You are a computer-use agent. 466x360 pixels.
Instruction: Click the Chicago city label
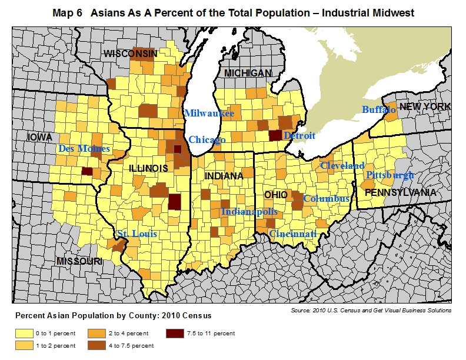tap(207, 140)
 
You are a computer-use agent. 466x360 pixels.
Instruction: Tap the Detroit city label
tap(299, 136)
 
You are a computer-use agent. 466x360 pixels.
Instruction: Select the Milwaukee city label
tap(209, 113)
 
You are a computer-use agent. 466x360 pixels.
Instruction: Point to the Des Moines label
tap(84, 149)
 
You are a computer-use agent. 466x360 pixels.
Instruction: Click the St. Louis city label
tap(137, 234)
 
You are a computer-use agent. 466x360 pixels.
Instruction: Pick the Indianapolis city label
tap(249, 211)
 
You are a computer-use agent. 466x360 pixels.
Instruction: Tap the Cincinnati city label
tap(293, 234)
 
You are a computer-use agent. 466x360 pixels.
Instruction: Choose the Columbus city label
tap(327, 199)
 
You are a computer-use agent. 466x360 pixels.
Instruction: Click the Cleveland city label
tap(342, 165)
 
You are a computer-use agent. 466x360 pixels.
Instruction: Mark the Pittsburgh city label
tap(390, 175)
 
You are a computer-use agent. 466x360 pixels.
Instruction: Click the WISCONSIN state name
tap(131, 54)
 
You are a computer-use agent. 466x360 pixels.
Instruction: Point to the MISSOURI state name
tap(80, 261)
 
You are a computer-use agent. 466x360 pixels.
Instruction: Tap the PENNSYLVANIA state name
tap(400, 192)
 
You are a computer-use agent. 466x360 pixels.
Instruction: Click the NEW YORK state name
tap(425, 106)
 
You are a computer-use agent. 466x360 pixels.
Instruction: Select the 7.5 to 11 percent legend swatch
tap(174, 334)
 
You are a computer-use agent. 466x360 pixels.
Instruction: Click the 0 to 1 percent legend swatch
tap(24, 334)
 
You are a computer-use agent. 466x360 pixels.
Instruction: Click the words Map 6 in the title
tap(68, 13)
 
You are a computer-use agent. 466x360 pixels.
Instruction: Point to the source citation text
tap(371, 310)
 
